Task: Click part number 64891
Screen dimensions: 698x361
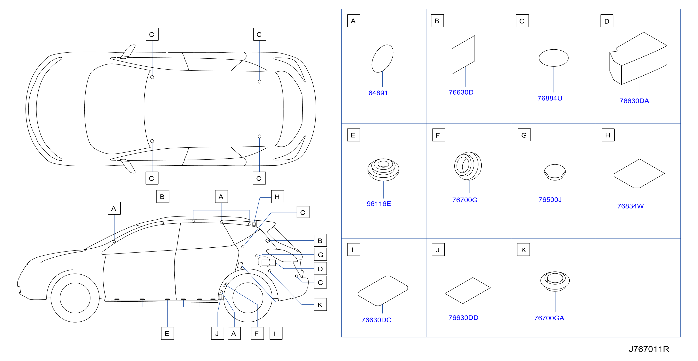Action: pyautogui.click(x=378, y=93)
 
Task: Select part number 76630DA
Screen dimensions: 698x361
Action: pyautogui.click(x=634, y=101)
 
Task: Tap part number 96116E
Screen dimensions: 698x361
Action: pyautogui.click(x=379, y=204)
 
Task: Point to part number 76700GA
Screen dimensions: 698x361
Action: pyautogui.click(x=549, y=318)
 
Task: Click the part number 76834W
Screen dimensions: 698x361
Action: pyautogui.click(x=630, y=206)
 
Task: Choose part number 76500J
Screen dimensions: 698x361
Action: pyautogui.click(x=550, y=199)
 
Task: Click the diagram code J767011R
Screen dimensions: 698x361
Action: pyautogui.click(x=649, y=349)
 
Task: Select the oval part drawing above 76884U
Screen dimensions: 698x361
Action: pyautogui.click(x=554, y=58)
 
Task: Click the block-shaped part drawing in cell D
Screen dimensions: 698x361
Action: pyautogui.click(x=638, y=58)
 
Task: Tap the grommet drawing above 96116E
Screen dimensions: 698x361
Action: pyautogui.click(x=383, y=170)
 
